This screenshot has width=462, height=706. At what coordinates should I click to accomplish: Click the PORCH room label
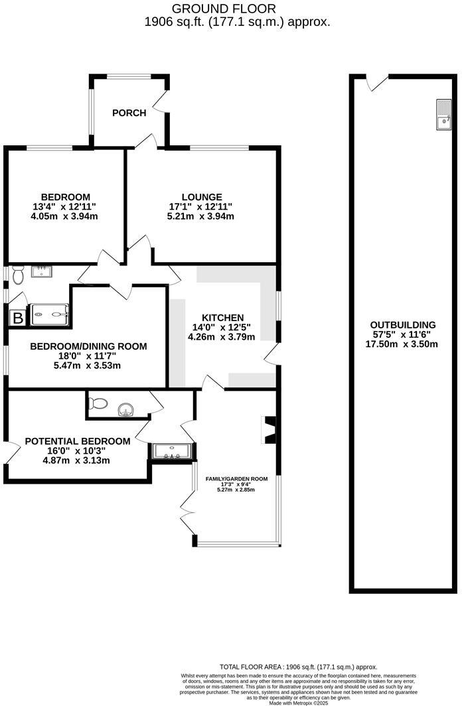pyautogui.click(x=129, y=113)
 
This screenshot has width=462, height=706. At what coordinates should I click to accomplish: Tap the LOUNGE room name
pyautogui.click(x=201, y=197)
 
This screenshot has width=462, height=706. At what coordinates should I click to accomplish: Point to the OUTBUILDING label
pyautogui.click(x=402, y=324)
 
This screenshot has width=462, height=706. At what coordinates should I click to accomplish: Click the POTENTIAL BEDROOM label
pyautogui.click(x=77, y=441)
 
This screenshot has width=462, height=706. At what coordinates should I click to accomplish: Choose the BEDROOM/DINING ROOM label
pyautogui.click(x=88, y=346)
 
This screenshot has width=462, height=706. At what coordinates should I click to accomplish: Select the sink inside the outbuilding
pyautogui.click(x=443, y=115)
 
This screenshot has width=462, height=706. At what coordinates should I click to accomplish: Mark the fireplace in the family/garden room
pyautogui.click(x=270, y=429)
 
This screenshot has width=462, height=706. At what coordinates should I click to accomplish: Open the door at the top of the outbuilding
pyautogui.click(x=378, y=83)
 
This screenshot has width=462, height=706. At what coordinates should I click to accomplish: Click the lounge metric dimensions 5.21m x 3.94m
pyautogui.click(x=201, y=216)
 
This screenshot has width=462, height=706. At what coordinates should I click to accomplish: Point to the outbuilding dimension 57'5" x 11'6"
pyautogui.click(x=402, y=334)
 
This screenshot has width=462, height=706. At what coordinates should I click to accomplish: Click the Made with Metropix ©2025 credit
pyautogui.click(x=299, y=703)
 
